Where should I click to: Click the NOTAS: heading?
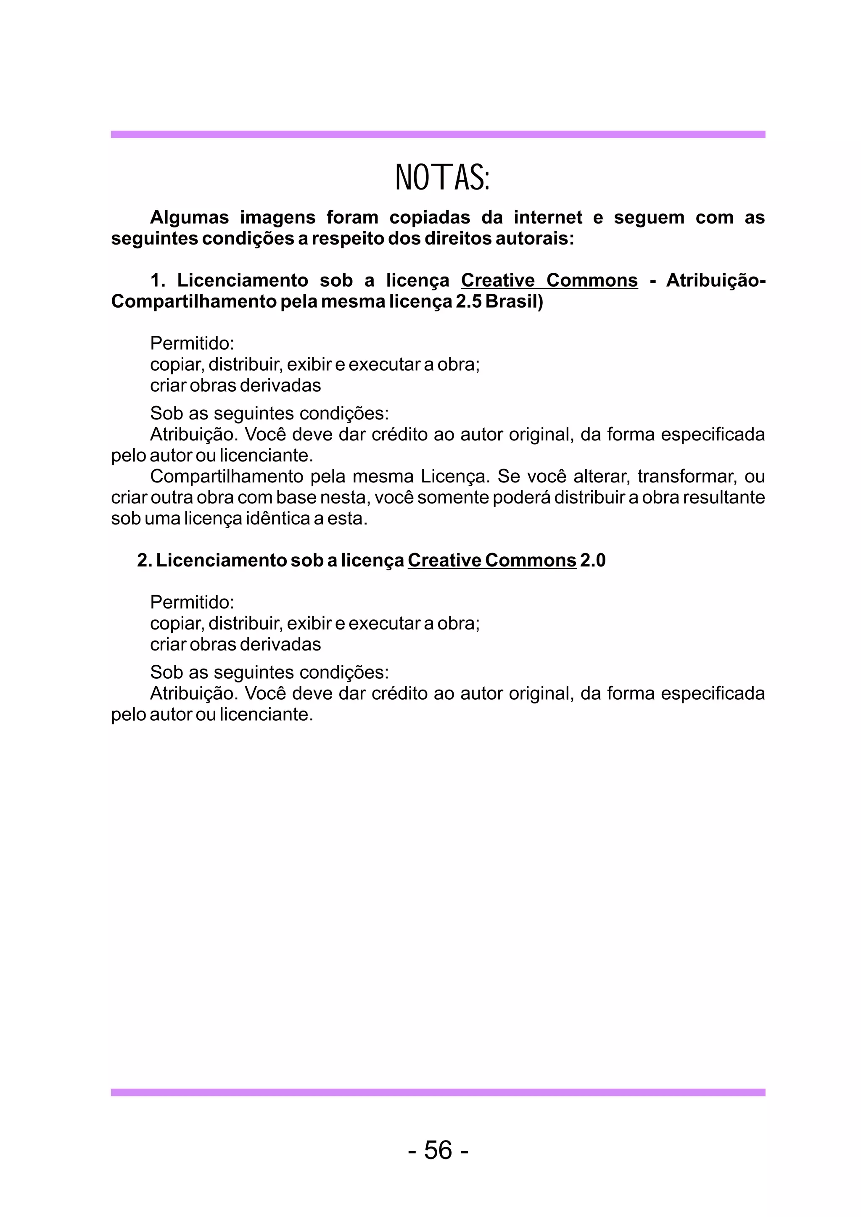442,178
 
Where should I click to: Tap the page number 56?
438,1150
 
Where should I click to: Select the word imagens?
277,217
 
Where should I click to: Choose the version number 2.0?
593,560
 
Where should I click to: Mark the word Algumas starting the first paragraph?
189,217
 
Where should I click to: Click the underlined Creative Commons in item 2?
491,560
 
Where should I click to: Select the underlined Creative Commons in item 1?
549,280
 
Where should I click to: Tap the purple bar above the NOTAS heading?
438,134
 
